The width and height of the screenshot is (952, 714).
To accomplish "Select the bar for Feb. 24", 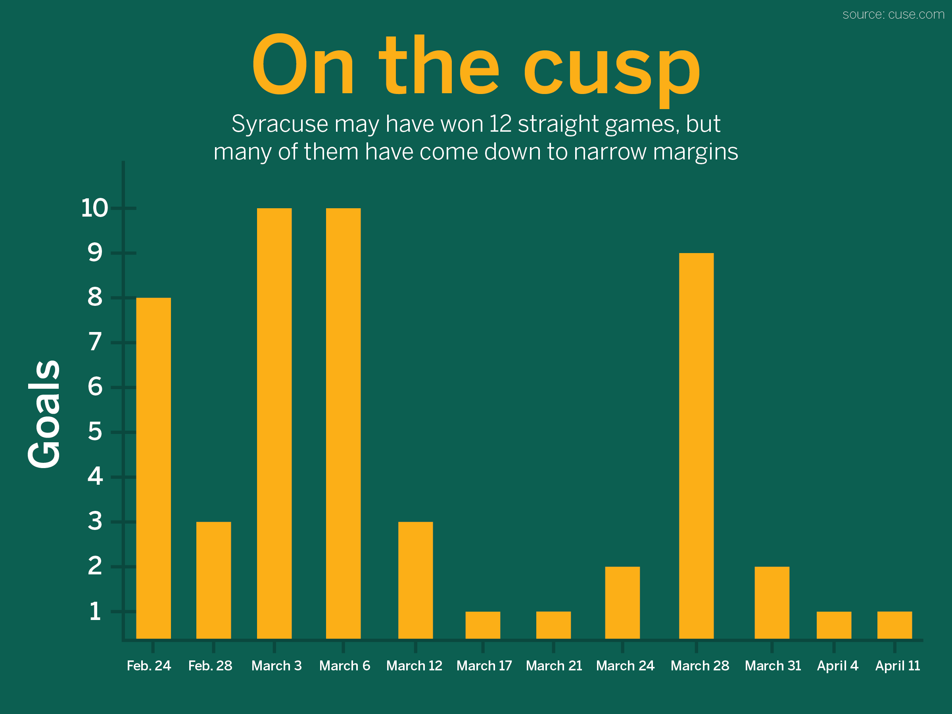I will [x=153, y=468].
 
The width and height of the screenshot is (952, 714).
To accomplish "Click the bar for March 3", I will [x=274, y=423].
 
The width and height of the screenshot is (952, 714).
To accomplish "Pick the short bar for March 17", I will [x=482, y=625].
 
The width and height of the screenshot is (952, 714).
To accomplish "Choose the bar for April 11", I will [x=894, y=625].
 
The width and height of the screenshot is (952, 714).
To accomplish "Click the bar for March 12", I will [x=415, y=580].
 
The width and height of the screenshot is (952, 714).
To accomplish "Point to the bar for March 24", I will [x=622, y=603].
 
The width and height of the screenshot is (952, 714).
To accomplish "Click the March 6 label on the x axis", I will [x=344, y=666].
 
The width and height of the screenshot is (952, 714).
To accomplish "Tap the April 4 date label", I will [x=837, y=666].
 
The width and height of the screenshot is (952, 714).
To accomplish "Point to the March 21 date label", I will [x=554, y=666].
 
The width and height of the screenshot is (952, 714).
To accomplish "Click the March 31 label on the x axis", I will [x=773, y=666].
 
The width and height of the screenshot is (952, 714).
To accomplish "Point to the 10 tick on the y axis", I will [x=94, y=208].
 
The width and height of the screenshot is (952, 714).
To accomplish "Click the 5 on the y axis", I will [x=95, y=432].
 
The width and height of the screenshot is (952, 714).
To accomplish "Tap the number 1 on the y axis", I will [x=95, y=611].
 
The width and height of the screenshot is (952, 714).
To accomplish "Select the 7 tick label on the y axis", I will [x=95, y=342].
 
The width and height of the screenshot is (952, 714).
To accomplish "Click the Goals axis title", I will [x=44, y=414].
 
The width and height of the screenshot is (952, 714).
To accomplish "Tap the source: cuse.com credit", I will [x=893, y=15].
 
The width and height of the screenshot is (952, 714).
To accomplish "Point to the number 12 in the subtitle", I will [x=500, y=124].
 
